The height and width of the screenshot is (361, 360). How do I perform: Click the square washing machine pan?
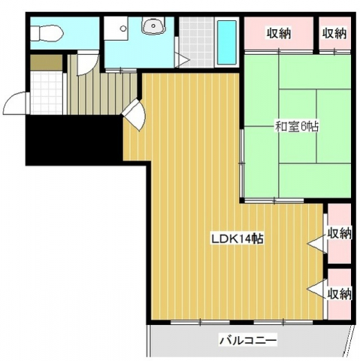click(117, 29)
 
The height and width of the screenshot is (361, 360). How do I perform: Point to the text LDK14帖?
click(235, 238)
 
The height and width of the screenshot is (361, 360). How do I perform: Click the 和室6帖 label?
click(295, 126)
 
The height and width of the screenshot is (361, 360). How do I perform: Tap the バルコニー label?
click(247, 340)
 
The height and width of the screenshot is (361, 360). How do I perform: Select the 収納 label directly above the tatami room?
click(278, 33)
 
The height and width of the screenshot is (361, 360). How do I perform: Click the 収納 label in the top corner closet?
click(334, 33)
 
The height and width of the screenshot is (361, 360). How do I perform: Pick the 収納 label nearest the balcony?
click(339, 293)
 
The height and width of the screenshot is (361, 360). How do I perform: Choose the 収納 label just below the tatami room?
click(339, 233)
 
